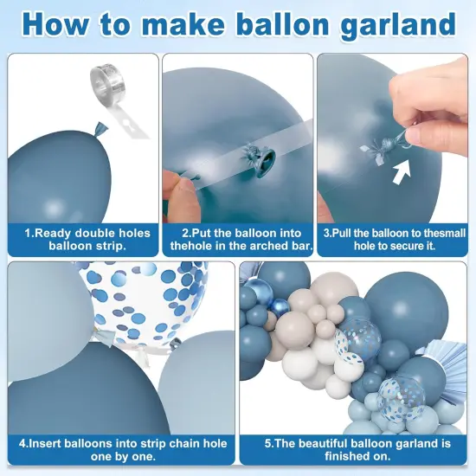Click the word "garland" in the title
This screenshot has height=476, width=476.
[398, 25]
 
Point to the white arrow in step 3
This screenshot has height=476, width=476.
[402, 172]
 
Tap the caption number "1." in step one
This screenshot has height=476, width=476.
[30, 233]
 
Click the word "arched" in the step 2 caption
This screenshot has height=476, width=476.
[262, 246]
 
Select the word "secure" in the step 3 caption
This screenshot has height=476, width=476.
[404, 246]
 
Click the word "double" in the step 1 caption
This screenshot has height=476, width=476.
[94, 233]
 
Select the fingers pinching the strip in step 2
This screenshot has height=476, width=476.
[179, 191]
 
